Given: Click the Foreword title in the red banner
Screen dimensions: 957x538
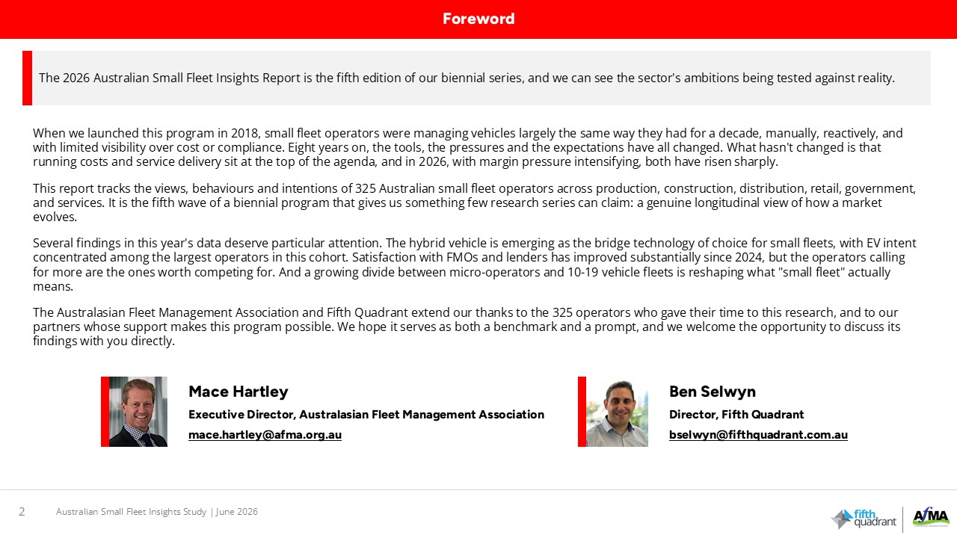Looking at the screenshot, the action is point(478,19).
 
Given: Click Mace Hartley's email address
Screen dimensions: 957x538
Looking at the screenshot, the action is point(265,435).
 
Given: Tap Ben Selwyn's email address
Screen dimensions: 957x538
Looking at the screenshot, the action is point(758,435).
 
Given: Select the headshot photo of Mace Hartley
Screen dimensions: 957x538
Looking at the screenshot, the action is point(138,412).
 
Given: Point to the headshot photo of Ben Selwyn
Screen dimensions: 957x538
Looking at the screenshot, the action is point(617,412).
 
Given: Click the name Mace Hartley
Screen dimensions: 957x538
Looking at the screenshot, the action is point(239,392).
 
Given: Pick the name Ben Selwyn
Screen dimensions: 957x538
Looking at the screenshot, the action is point(713,392).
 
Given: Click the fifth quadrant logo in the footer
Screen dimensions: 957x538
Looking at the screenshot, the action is point(864,519).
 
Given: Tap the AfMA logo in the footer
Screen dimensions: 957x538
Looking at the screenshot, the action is point(931,517).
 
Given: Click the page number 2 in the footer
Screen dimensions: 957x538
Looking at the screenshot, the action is point(22,512).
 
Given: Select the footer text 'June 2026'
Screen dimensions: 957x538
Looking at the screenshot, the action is point(237,512).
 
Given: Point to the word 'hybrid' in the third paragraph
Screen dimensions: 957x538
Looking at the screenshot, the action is point(427,244).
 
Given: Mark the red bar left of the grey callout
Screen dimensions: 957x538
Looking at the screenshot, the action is point(28,78).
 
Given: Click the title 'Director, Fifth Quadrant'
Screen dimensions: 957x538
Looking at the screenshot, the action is point(736,414).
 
